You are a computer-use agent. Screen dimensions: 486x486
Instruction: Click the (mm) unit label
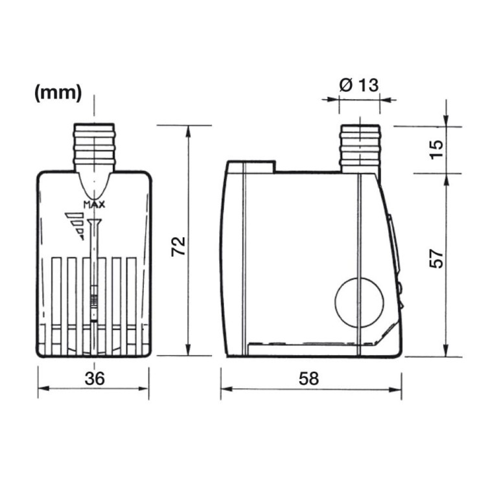(58, 93)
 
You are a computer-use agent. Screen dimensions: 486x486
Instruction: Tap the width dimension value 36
(95, 380)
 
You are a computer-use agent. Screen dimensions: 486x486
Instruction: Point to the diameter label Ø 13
(359, 85)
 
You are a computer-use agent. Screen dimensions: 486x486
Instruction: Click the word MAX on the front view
(95, 205)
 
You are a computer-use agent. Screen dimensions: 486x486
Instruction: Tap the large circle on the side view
(357, 302)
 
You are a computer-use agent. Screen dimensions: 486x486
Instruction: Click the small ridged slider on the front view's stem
(95, 302)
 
